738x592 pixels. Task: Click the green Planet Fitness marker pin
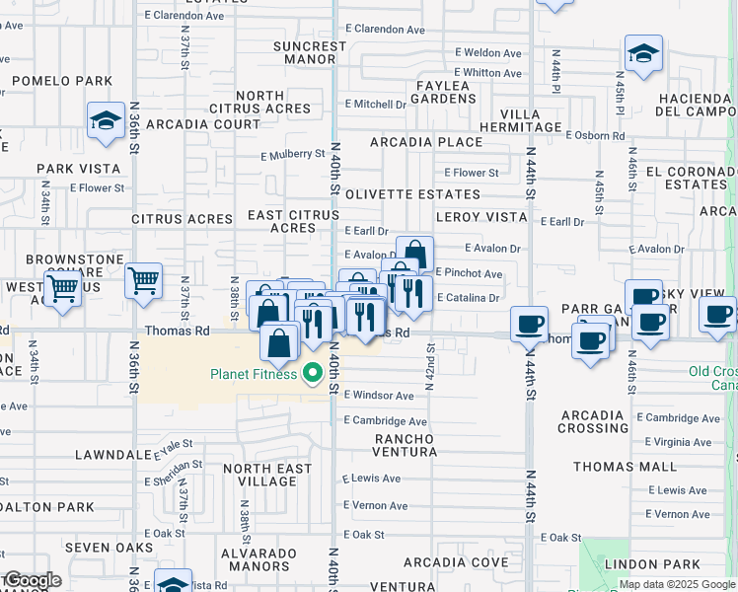coord(314,373)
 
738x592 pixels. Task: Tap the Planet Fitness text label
coord(254,374)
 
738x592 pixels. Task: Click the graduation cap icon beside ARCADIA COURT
coord(105,122)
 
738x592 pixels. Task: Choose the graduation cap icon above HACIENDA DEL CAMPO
coord(643,55)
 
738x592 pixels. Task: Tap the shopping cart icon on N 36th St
coord(144,281)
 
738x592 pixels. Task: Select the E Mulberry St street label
coord(293,154)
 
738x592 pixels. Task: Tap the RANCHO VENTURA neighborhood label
coord(405,445)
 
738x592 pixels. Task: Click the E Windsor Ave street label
coord(379,396)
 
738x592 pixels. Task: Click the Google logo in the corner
coord(32,580)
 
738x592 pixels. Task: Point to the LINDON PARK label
coord(665,562)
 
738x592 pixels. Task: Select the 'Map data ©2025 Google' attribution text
coord(677,585)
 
